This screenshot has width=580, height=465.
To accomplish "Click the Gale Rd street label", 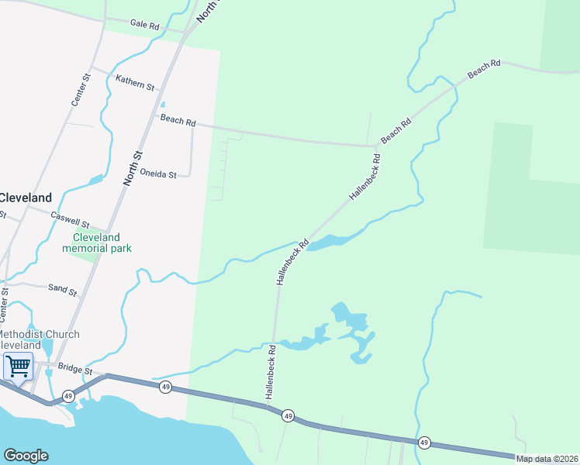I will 144,26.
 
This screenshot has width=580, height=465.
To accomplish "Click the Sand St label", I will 62,290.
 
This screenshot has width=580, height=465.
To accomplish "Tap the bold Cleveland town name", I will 26,198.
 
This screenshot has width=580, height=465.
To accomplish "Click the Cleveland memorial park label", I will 97,243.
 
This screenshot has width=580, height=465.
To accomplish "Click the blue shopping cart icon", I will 18,366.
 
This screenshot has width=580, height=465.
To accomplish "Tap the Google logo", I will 26,456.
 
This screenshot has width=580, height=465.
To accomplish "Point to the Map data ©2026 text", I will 547,459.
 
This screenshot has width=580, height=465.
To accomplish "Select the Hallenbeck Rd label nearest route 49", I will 271,372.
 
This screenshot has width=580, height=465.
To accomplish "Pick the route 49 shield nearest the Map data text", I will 424,443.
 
